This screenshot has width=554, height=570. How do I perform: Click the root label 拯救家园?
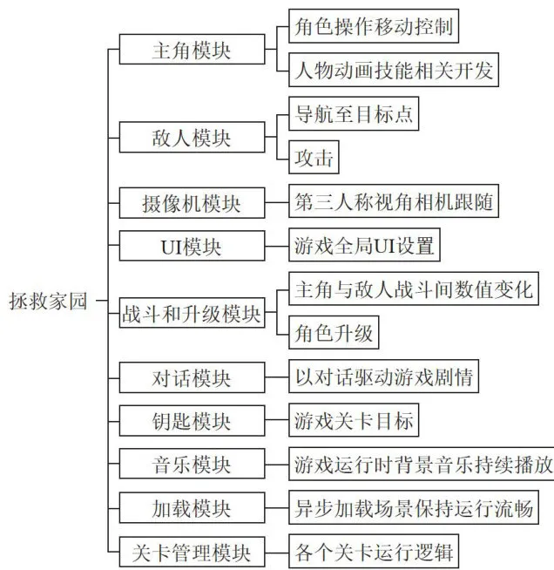48,301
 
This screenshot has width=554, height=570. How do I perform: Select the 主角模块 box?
192,50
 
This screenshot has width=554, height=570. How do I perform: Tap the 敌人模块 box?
192,138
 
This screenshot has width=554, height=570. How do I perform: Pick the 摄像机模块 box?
192,203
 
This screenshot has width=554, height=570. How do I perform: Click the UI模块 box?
192,246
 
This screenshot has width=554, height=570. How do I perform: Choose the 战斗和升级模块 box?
192,313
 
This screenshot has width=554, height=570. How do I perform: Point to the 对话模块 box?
192,377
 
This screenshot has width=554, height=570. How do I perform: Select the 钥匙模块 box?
192,421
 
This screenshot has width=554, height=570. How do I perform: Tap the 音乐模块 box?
192,464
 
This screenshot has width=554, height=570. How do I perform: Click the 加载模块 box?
192,508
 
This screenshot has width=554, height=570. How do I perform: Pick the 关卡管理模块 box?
192,552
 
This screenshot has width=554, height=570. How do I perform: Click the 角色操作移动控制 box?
374,26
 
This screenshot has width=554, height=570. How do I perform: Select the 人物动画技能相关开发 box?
394,70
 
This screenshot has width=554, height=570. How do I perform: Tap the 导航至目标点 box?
354,113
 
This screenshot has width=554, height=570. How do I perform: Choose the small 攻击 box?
314,157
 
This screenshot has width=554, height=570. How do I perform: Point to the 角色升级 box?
334,332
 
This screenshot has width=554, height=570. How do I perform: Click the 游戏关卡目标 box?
354,420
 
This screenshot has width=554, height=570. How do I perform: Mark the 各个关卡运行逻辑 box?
374,551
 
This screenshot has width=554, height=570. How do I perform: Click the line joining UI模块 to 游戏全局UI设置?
277,246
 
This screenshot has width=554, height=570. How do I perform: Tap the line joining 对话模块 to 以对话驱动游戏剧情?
277,377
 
